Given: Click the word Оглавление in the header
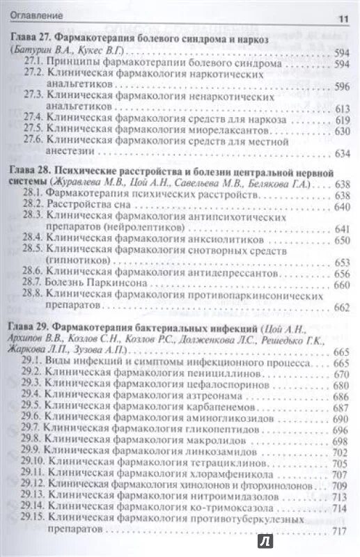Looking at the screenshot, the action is (x=36, y=16).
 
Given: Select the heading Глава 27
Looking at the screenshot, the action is (x=33, y=41).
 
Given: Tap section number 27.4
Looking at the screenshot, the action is (x=33, y=119).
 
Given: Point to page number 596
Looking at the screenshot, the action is (x=341, y=86).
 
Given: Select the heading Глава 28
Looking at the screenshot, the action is (x=33, y=171).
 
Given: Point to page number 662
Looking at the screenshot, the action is (x=341, y=307).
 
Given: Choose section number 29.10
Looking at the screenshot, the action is (x=33, y=461).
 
